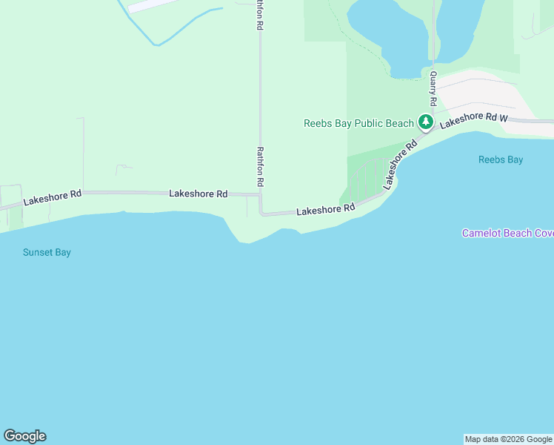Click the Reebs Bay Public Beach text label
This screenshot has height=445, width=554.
click(x=358, y=123)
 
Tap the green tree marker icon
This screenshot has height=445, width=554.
click(x=426, y=122)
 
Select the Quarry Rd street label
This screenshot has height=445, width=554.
click(x=433, y=88)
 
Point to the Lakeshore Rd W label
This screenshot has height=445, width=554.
click(x=473, y=120)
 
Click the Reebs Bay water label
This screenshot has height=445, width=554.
click(x=501, y=159)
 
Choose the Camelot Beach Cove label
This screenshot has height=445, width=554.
click(x=507, y=233)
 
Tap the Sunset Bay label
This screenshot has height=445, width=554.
click(x=47, y=252)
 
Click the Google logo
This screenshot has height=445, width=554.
click(x=24, y=436)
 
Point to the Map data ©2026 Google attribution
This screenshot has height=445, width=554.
click(x=508, y=439)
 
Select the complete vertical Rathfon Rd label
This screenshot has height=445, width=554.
click(x=260, y=166)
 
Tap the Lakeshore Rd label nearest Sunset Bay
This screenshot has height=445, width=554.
click(x=52, y=197)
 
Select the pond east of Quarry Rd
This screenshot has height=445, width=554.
click(x=459, y=30)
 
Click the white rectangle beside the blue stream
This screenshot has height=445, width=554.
click(x=152, y=5)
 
